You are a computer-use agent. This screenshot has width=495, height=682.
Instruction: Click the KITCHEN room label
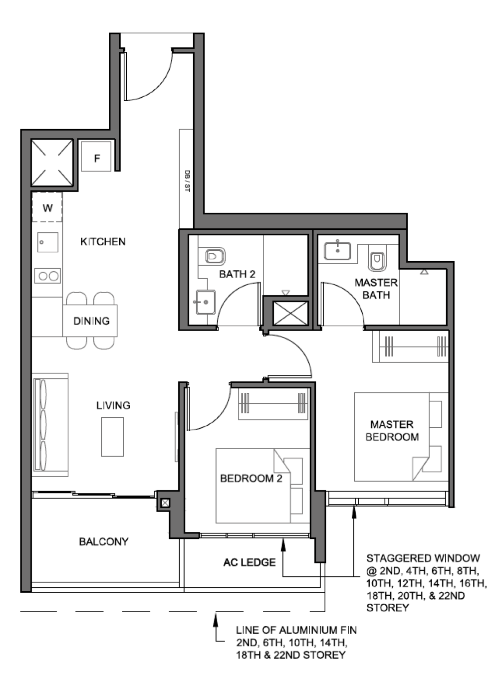click(103, 242)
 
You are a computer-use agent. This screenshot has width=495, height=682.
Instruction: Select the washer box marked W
click(47, 207)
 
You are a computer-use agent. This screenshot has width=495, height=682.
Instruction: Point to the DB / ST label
click(187, 180)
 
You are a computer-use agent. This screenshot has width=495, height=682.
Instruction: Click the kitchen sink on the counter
click(47, 242)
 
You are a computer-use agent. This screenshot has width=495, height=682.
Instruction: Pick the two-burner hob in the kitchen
click(47, 275)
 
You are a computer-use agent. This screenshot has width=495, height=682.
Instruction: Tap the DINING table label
click(91, 321)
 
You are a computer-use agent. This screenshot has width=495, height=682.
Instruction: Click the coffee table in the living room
click(112, 437)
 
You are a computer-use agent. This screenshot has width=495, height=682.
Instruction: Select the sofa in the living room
click(49, 424)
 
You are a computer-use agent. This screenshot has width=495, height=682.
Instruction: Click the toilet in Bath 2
click(215, 256)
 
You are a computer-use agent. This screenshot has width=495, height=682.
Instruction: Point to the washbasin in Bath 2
click(205, 302)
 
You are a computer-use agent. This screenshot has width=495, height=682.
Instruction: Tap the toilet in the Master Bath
click(377, 260)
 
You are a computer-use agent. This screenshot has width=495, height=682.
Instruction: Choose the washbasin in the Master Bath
click(337, 250)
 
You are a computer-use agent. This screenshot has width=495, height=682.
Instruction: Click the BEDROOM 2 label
click(251, 479)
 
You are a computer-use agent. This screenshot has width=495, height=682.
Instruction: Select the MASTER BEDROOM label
click(392, 431)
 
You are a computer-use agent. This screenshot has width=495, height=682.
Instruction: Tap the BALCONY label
click(104, 541)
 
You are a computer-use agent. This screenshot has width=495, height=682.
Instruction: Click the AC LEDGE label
click(249, 562)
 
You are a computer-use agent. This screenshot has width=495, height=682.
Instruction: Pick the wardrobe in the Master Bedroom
click(410, 345)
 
